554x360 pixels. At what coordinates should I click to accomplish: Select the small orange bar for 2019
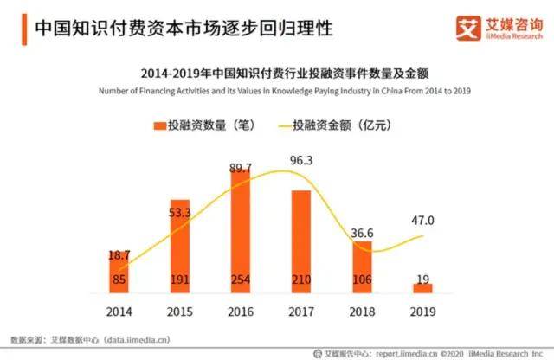(x=422, y=287)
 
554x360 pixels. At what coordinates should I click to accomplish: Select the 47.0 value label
(x=422, y=221)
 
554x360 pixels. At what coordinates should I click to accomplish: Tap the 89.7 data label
(x=241, y=167)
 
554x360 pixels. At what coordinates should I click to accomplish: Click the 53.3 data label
(x=180, y=213)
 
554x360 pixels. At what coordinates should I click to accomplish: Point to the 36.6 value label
(x=362, y=233)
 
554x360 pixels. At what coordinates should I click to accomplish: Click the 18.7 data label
(x=120, y=258)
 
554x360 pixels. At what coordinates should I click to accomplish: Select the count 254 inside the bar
(x=241, y=280)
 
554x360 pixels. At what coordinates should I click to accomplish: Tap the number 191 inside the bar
(x=180, y=280)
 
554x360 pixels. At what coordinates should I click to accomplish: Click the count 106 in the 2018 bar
(x=362, y=280)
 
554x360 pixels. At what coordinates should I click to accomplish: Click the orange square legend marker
(x=160, y=125)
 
